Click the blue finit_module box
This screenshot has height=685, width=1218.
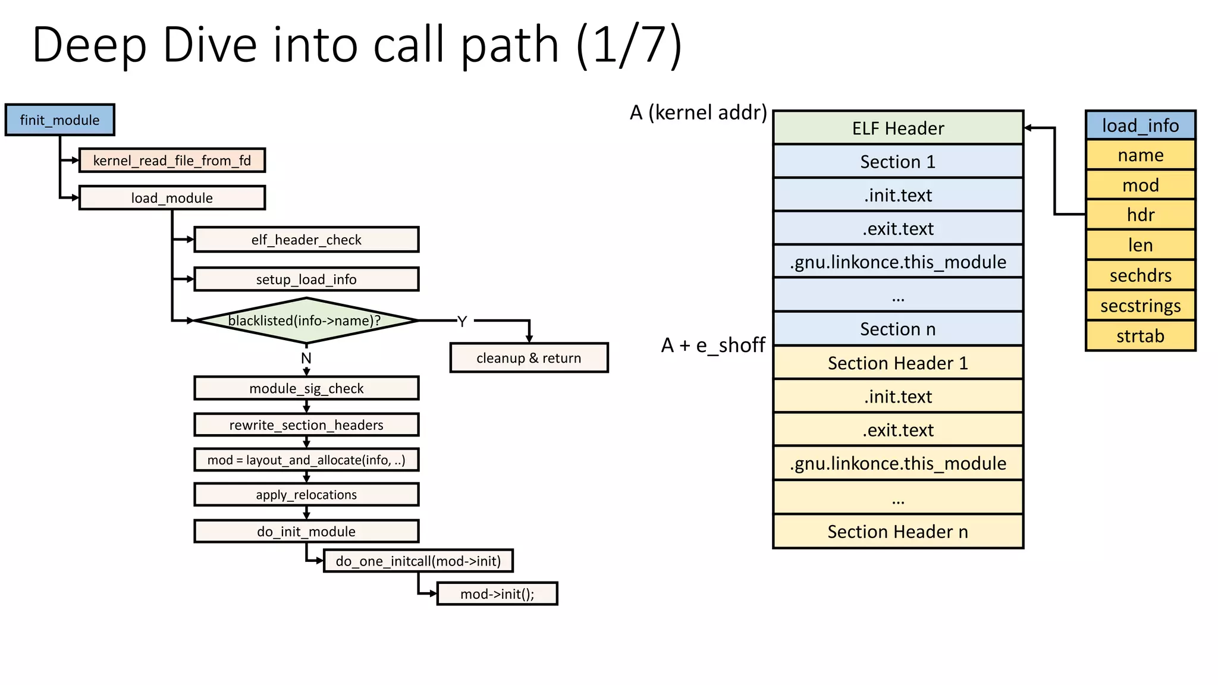[x=59, y=120]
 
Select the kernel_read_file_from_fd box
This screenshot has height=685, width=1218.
[x=172, y=161]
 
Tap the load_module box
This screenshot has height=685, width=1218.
[x=172, y=198]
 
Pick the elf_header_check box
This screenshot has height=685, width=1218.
[x=306, y=240]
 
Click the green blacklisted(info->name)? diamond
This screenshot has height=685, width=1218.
[x=306, y=321]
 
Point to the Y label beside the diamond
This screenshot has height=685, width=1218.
[x=462, y=322]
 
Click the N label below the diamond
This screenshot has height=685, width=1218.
[x=306, y=359]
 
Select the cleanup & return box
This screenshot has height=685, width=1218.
[x=529, y=358]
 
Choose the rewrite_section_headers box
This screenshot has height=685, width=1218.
[x=306, y=425]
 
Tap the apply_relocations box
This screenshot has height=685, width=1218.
[x=306, y=495]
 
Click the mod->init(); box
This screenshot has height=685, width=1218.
[x=497, y=594]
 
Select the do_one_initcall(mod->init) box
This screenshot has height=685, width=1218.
[x=418, y=561]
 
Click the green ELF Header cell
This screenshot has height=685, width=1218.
[x=898, y=128]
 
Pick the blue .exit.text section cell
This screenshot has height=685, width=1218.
[x=898, y=228]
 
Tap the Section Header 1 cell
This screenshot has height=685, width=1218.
[x=898, y=363]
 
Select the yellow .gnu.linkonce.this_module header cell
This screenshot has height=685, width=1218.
[x=898, y=464]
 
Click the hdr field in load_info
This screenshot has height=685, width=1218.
[x=1140, y=215]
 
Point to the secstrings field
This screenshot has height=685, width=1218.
[x=1140, y=306]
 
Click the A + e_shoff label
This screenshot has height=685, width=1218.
[x=713, y=345]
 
